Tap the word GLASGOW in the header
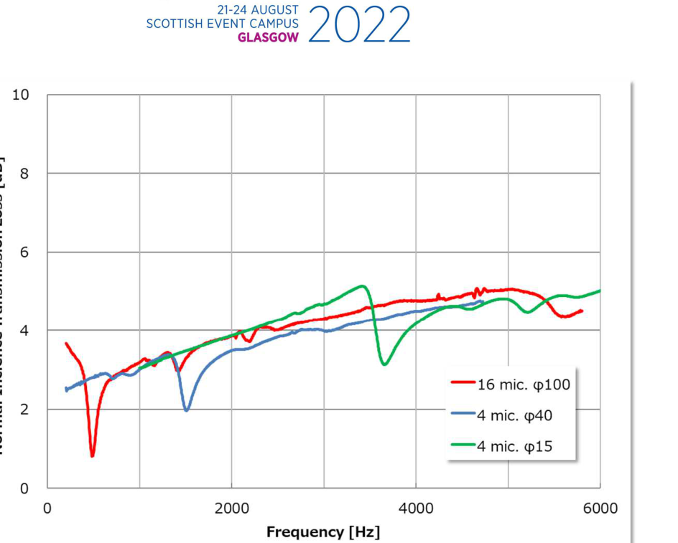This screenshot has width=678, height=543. (x=268, y=38)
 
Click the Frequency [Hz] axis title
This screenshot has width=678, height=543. (x=323, y=532)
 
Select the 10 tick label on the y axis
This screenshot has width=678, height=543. (x=20, y=95)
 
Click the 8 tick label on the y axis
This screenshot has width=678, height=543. (x=24, y=174)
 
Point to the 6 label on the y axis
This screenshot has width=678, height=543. (x=24, y=252)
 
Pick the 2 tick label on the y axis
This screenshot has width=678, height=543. (x=24, y=410)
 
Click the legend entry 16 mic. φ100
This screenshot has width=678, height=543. (x=523, y=384)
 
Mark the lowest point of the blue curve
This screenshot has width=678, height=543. (x=187, y=410)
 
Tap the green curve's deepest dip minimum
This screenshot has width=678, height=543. (x=386, y=364)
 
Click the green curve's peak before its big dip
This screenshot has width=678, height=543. (x=363, y=285)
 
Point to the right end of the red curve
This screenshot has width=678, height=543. (x=582, y=311)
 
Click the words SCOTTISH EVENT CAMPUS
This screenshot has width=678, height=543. (x=223, y=24)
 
